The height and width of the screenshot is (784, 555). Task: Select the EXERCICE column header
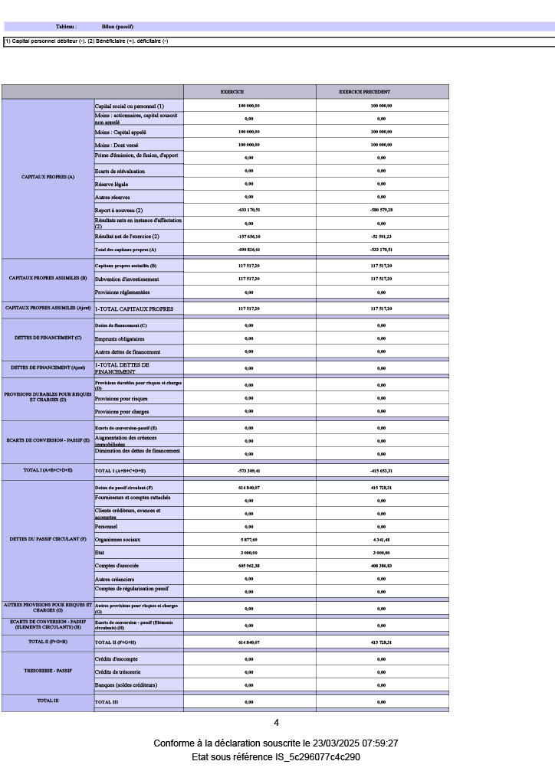tap(232, 92)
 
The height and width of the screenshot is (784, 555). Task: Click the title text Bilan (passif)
tap(117, 27)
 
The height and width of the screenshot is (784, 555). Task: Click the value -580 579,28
tap(381, 210)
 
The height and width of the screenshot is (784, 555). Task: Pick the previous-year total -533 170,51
tap(381, 250)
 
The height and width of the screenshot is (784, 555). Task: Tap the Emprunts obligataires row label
tap(120, 339)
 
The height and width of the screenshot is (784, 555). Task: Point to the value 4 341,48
tap(381, 540)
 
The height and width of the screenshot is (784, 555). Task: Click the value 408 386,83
tap(381, 566)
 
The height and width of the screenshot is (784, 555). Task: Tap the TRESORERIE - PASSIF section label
tap(48, 671)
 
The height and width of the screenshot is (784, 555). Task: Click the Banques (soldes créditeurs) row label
tap(126, 684)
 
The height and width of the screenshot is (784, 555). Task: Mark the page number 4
tap(277, 723)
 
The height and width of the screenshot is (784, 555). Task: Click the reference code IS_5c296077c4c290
tap(317, 757)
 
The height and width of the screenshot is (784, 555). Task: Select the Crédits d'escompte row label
tap(116, 658)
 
